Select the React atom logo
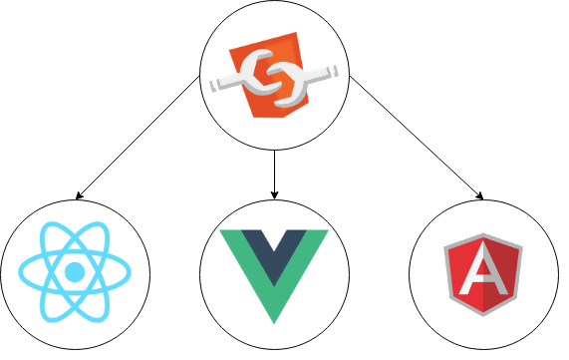(74, 271)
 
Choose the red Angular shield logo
(483, 275)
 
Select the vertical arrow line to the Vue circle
(274, 170)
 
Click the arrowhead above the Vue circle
(274, 191)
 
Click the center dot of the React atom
(74, 271)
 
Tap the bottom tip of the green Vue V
(274, 319)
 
